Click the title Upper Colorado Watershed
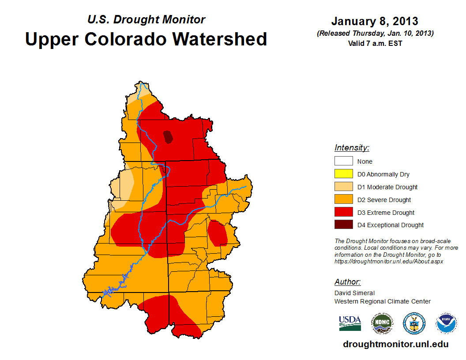[146, 39]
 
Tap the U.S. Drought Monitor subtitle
[146, 19]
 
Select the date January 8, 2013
[375, 21]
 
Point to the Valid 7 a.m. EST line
[375, 43]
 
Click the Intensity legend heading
[352, 148]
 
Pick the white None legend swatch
[343, 161]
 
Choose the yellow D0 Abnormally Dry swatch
[343, 174]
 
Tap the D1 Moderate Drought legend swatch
[343, 187]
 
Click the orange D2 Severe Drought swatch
[343, 200]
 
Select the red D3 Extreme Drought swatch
[343, 213]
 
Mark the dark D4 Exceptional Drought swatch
[343, 225]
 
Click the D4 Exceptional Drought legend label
[391, 225]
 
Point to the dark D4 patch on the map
[168, 137]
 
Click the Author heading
[347, 282]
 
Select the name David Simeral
[354, 293]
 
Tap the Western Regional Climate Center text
[382, 301]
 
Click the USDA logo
[350, 323]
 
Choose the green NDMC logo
[382, 323]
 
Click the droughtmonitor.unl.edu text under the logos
[395, 345]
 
